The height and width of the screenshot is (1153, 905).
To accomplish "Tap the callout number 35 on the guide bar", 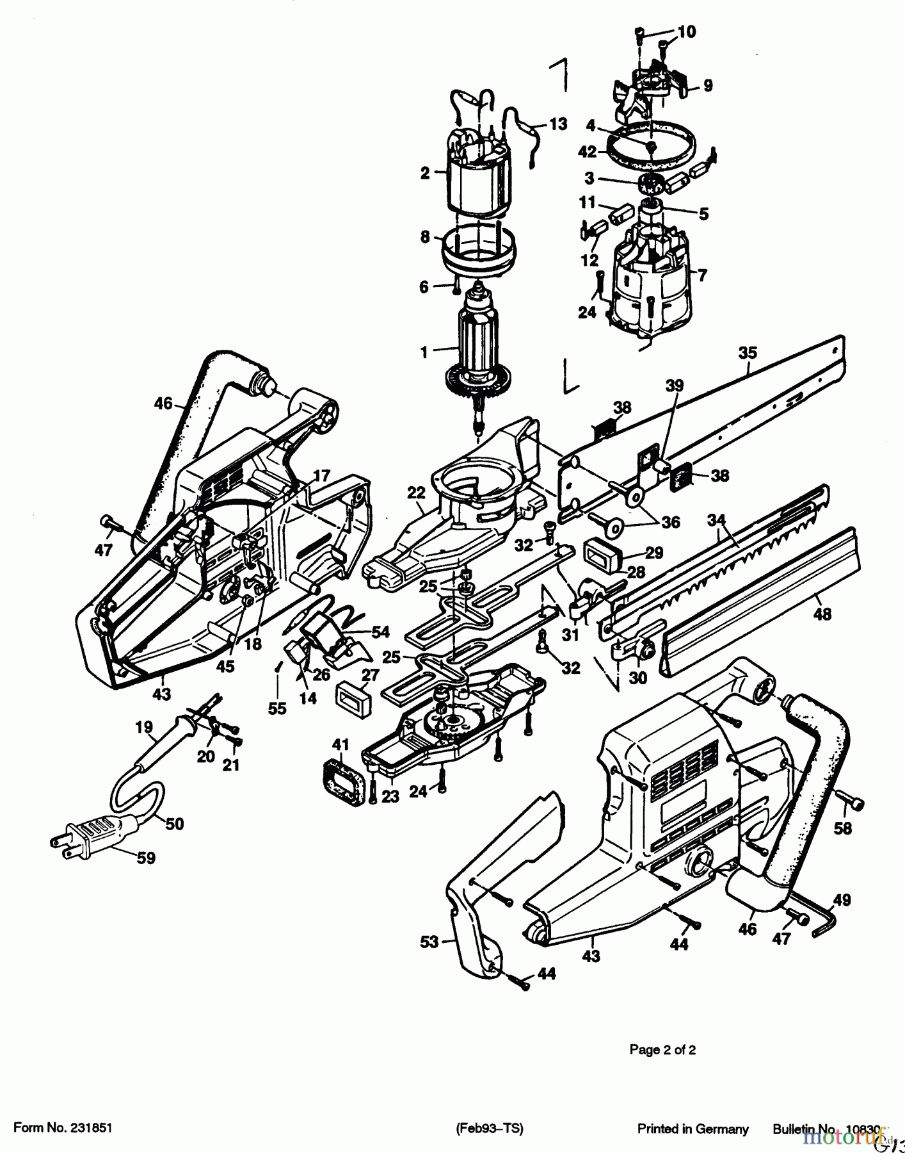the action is [747, 352].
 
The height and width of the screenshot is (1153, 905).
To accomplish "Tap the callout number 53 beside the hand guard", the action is [429, 942].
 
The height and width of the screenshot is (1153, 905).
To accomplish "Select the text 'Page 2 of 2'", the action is [662, 1050].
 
